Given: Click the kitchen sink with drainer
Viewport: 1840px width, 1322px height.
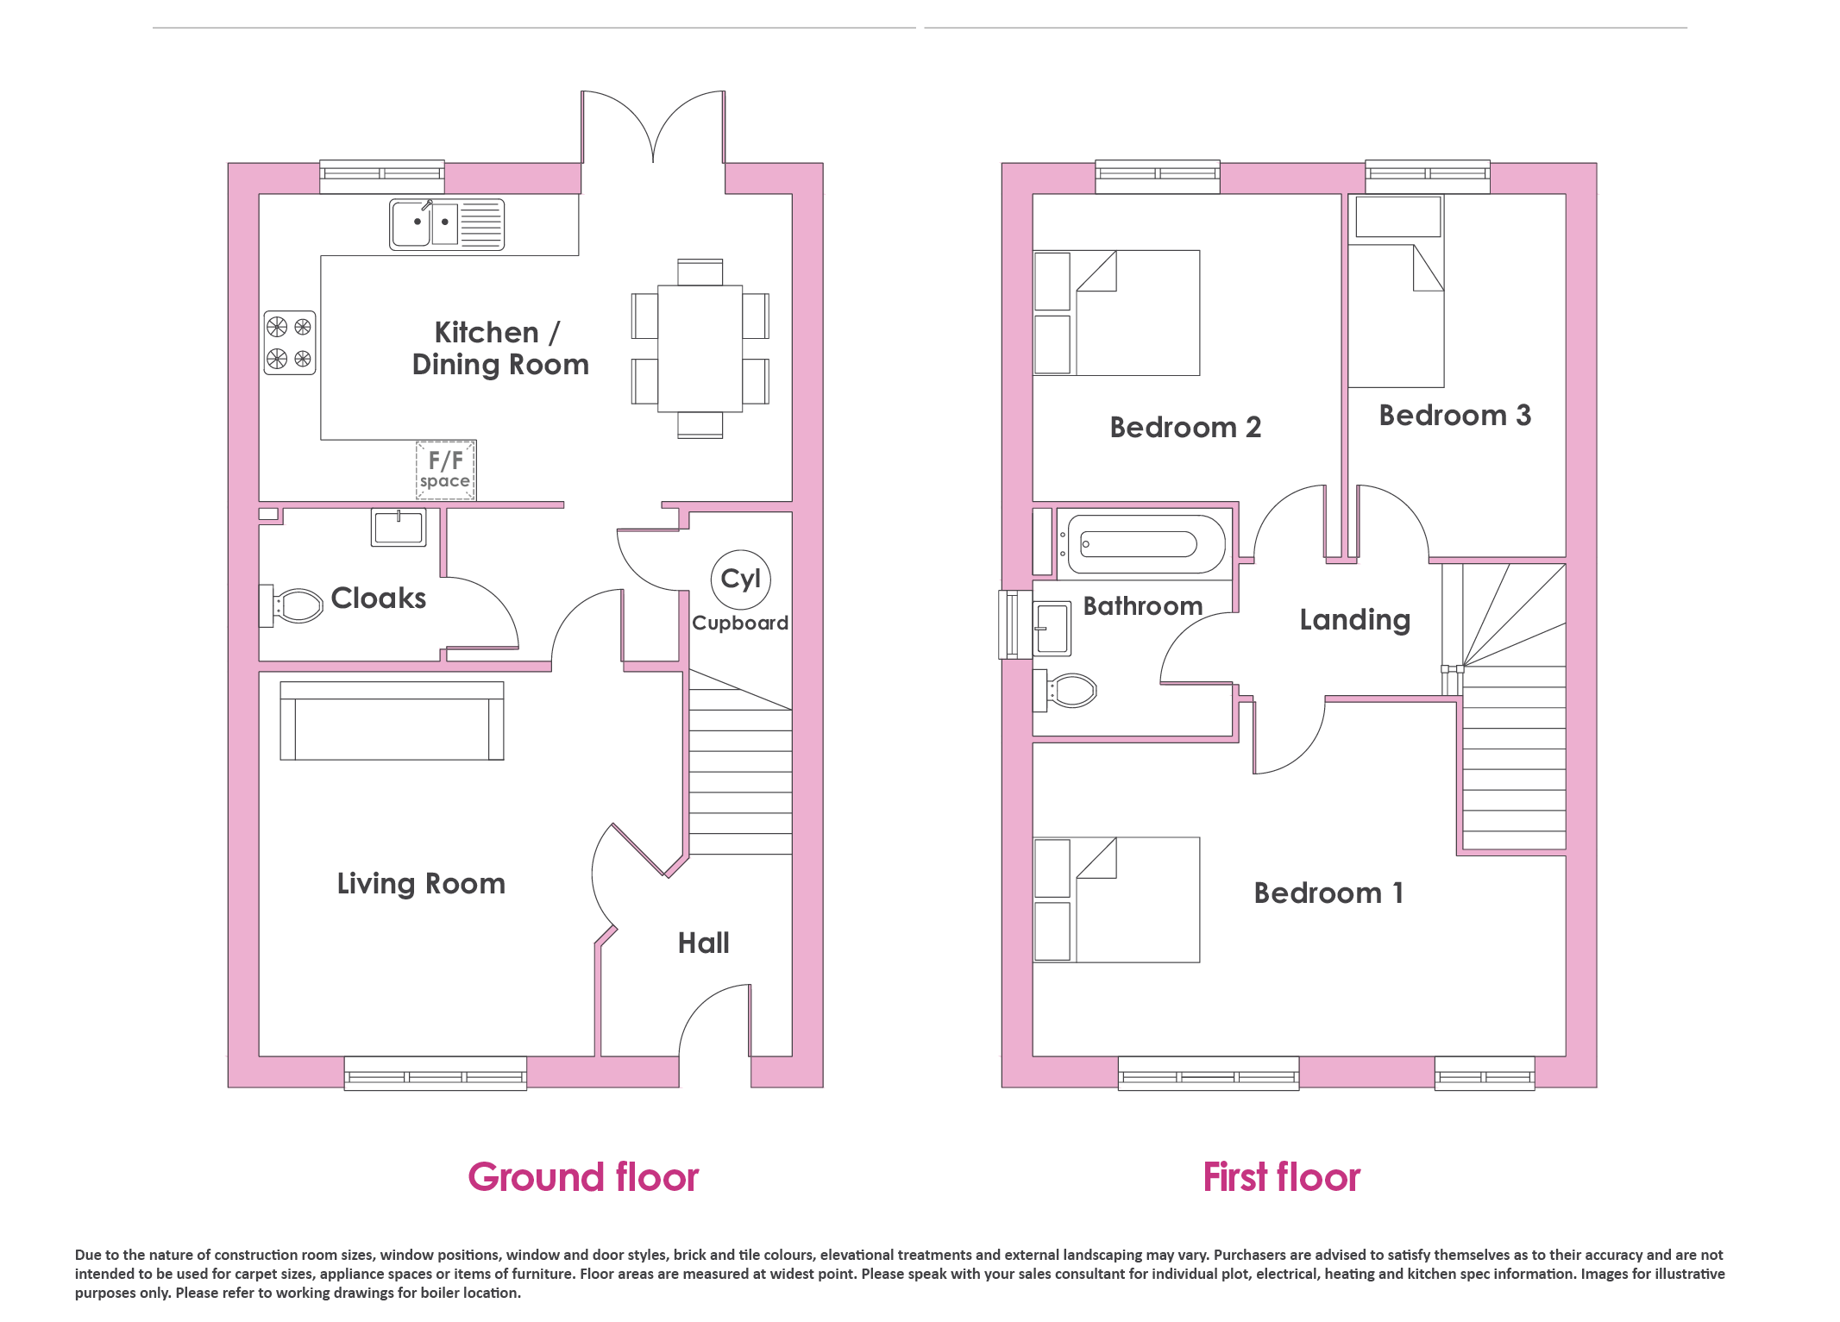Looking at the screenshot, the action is tap(446, 224).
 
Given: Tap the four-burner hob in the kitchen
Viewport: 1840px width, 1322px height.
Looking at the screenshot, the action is tap(290, 342).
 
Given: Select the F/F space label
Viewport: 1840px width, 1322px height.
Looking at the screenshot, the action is tap(445, 470).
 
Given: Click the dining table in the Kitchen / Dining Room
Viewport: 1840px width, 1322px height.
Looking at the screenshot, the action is tap(700, 348).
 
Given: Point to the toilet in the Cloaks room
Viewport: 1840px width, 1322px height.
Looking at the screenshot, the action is tap(292, 605).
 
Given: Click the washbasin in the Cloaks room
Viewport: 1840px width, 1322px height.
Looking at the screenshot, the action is tap(399, 527).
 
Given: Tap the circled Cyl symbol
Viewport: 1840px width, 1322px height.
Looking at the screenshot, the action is tap(740, 580).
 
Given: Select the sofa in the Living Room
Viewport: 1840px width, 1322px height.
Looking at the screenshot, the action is tap(392, 721).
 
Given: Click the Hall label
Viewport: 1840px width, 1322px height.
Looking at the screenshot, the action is tap(703, 943).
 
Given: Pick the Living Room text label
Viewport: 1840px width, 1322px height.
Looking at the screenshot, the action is tap(421, 884).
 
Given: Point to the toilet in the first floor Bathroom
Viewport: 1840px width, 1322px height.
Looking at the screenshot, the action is tap(1065, 691).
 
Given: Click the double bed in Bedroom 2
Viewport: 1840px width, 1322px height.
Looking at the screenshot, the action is tap(1116, 313).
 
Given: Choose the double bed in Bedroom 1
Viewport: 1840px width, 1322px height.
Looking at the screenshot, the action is tap(1116, 899).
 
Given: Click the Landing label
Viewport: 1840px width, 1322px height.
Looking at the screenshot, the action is tap(1355, 620).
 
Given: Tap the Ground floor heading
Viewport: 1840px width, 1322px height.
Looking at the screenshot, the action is tap(583, 1177).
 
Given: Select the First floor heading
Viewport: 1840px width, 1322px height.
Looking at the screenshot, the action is tap(1282, 1177).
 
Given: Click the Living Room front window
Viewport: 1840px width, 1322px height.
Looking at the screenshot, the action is tap(436, 1074).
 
